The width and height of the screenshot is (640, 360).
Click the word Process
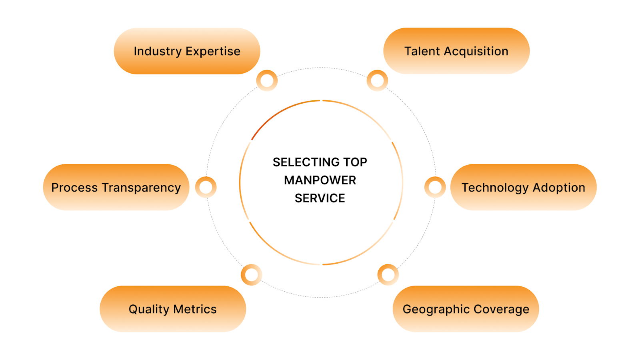coord(75,188)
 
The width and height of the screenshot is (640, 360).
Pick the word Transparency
coord(141,188)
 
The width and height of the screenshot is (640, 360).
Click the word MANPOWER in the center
coord(320,180)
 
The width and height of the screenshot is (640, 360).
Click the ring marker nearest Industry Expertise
coord(267,80)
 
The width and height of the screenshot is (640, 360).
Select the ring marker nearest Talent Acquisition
coord(377,80)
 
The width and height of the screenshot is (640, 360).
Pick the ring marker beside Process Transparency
coord(206,187)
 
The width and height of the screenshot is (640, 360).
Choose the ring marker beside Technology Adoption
coord(435,187)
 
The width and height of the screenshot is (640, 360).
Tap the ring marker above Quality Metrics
coord(252,275)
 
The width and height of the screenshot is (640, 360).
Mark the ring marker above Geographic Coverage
coord(388,275)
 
